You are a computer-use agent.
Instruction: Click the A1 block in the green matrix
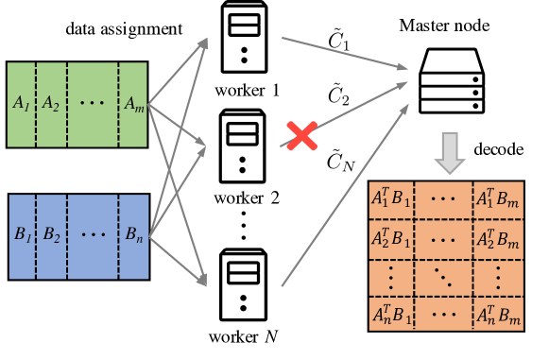point(22,104)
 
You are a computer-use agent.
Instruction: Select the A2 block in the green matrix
point(51,104)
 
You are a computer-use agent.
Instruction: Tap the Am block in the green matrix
point(133,104)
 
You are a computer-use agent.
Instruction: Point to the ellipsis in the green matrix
point(93,104)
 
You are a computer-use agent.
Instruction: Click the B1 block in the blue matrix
point(23,236)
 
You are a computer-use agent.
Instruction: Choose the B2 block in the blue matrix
point(51,236)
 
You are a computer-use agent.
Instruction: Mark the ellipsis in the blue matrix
point(93,236)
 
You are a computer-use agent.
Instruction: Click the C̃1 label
point(338,41)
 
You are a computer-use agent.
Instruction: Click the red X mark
point(301,135)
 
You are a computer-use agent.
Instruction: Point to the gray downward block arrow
point(451,152)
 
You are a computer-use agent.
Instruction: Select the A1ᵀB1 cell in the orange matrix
point(391,200)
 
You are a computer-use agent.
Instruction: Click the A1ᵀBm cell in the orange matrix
point(498,200)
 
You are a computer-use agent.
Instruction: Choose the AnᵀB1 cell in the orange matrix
point(391,314)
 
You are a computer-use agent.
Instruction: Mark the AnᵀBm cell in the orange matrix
point(498,314)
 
